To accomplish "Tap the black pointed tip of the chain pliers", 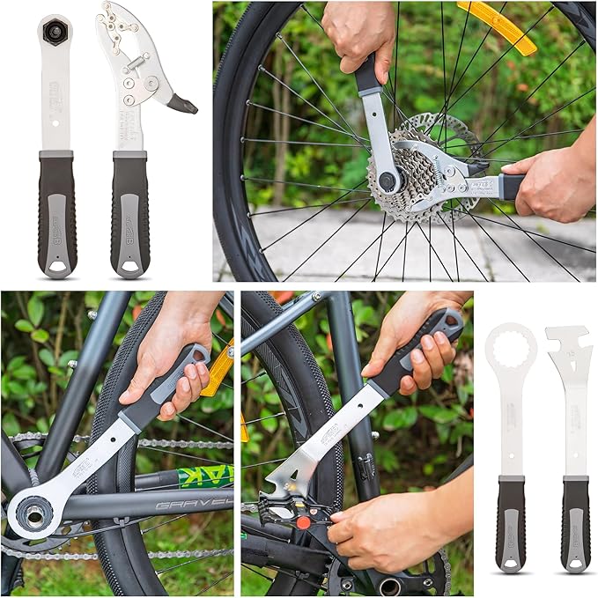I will [184, 104].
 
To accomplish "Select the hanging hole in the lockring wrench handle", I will [57, 264].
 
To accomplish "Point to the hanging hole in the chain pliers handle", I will [130, 264].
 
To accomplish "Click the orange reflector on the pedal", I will [304, 522].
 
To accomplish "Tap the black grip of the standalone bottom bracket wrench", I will [512, 524].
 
